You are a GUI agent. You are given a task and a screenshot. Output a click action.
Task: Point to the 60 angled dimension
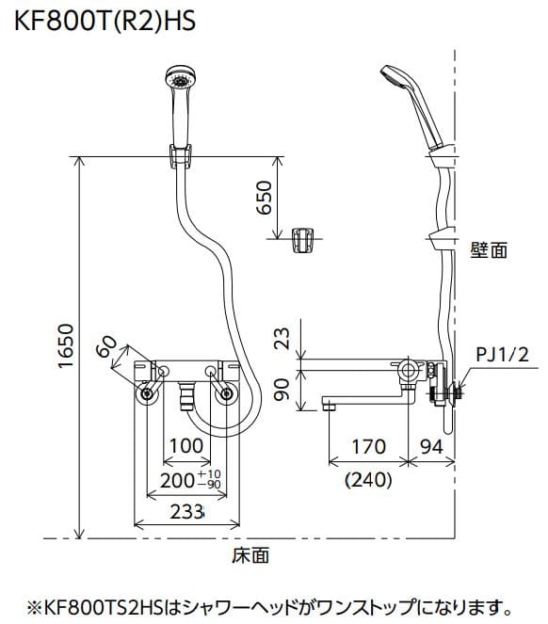[111, 349]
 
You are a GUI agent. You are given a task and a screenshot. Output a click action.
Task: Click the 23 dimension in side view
[282, 338]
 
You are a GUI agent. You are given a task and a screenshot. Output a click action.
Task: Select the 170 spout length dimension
[368, 447]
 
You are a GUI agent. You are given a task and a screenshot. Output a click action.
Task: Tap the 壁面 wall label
[488, 249]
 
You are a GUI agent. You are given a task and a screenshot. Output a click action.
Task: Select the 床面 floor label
[250, 555]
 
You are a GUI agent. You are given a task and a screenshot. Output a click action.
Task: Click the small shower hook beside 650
[303, 239]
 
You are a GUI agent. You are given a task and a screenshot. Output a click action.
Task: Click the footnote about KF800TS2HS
[273, 606]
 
